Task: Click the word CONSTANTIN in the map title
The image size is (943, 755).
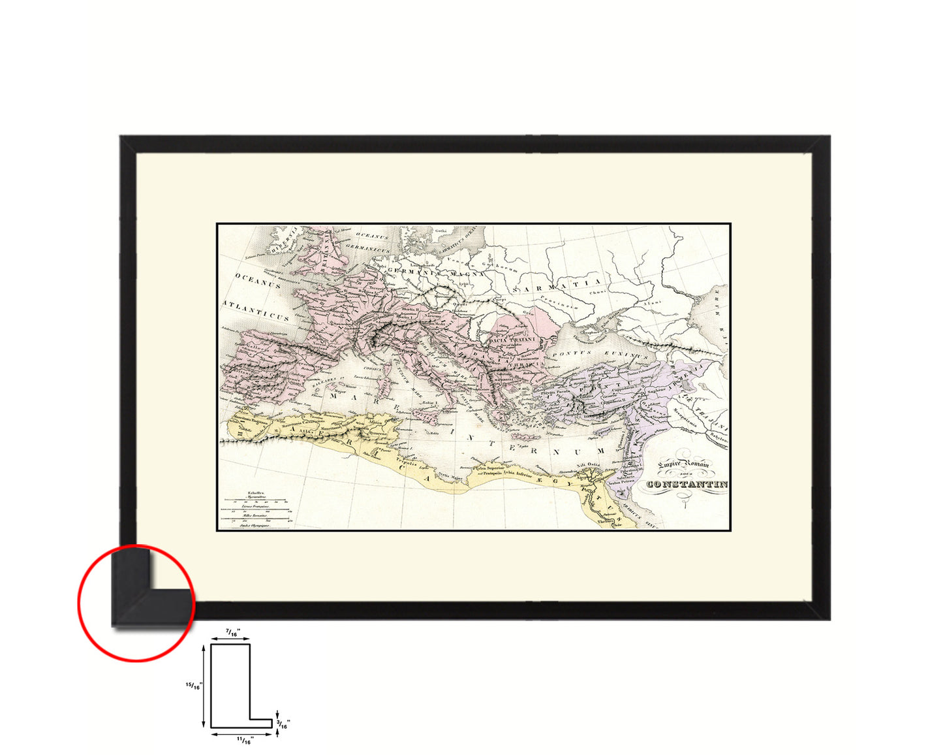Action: pyautogui.click(x=687, y=484)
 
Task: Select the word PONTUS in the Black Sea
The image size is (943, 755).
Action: pyautogui.click(x=572, y=353)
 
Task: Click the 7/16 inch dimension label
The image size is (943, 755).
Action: pyautogui.click(x=232, y=633)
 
